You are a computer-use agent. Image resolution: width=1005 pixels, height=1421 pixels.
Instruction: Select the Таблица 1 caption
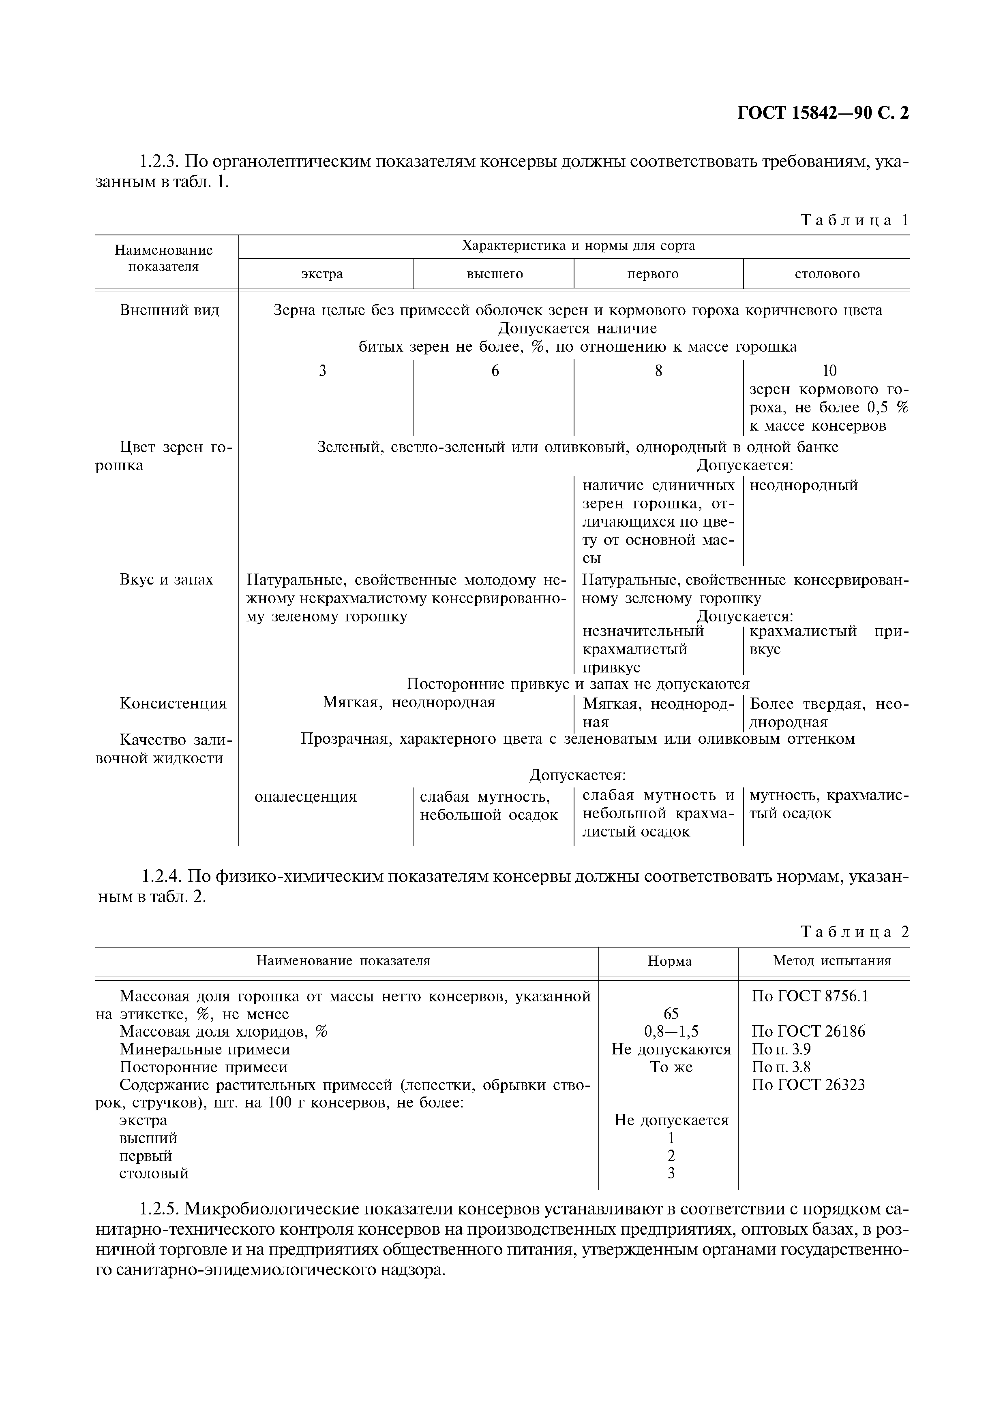(855, 220)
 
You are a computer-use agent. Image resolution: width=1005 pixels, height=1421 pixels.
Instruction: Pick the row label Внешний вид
(169, 310)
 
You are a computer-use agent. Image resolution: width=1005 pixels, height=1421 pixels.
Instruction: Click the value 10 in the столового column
(829, 371)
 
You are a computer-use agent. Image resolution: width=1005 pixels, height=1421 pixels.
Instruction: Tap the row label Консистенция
(173, 704)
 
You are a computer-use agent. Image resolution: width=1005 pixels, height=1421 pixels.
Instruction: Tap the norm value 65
(671, 1014)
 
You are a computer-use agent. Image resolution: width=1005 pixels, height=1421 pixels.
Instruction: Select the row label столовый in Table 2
(154, 1173)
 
